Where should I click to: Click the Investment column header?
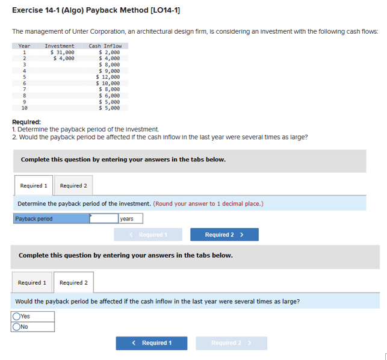coord(60,46)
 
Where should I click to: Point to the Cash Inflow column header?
coord(105,46)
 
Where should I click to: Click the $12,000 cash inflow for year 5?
coord(108,77)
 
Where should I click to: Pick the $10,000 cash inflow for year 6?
coord(108,83)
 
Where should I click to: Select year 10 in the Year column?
coord(24,108)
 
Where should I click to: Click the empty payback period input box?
coord(104,219)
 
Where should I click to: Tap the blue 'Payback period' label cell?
coord(52,219)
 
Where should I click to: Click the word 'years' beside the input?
coord(127,219)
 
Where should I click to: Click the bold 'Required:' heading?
coord(26,122)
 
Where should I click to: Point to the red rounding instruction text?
coord(208,203)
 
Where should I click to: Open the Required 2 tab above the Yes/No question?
coord(73,282)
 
